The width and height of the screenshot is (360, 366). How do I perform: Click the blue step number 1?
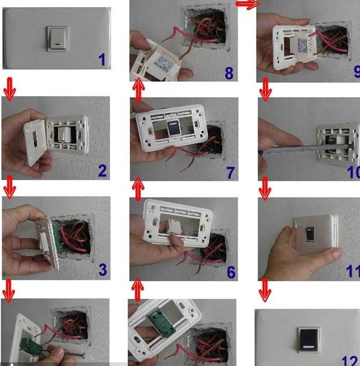point(102,60)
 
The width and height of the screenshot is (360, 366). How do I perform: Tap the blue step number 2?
point(102,171)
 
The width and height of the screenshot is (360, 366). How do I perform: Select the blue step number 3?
point(102,270)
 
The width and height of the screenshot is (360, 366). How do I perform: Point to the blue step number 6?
point(231,272)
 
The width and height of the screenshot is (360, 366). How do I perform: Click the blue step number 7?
point(230,172)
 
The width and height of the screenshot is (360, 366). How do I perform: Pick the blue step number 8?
point(229,73)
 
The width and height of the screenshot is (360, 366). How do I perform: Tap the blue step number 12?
point(351,361)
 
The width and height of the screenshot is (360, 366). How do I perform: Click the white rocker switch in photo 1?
point(58,39)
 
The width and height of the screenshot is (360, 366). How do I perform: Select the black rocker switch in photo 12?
point(309,340)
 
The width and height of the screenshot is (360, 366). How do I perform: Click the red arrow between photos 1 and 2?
point(9,89)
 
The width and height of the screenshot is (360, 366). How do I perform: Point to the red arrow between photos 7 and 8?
point(138,90)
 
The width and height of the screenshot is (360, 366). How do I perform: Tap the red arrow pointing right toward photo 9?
point(248,4)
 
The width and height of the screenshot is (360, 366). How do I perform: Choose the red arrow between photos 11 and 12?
point(265,290)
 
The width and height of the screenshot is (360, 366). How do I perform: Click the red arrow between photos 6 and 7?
point(138,189)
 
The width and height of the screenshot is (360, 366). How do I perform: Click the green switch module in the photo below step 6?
point(161,320)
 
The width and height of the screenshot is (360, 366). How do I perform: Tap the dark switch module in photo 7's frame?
point(173,128)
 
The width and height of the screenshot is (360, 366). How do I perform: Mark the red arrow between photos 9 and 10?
point(265,90)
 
